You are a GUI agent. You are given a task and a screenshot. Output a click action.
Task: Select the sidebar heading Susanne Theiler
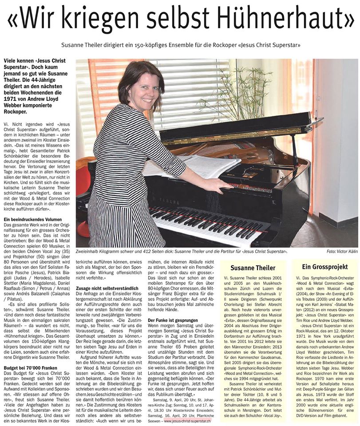pyautogui.click(x=253, y=268)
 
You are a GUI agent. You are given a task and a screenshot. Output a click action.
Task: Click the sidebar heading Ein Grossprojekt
pyautogui.click(x=324, y=267)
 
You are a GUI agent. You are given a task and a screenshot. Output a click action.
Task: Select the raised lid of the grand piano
pyautogui.click(x=235, y=126)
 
